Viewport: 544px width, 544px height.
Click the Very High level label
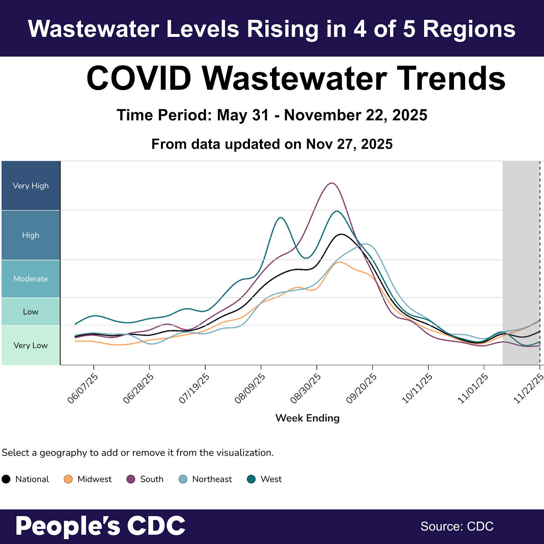click(x=31, y=186)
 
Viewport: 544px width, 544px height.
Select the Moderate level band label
click(x=31, y=279)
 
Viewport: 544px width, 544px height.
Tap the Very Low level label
click(x=31, y=345)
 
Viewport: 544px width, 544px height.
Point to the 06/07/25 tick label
click(x=83, y=389)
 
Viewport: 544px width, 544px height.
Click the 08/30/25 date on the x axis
click(x=306, y=389)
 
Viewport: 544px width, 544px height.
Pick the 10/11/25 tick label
click(x=417, y=389)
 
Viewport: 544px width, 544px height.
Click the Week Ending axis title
click(x=307, y=418)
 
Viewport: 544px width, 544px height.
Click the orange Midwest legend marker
click(x=68, y=479)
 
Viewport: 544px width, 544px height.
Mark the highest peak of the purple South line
click(x=331, y=183)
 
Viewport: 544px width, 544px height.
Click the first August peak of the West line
click(x=281, y=217)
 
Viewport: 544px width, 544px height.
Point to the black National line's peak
click(x=341, y=234)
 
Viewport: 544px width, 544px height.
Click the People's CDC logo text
click(x=100, y=526)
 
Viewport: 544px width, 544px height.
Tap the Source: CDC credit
click(x=457, y=526)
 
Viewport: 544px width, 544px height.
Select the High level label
click(x=31, y=235)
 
